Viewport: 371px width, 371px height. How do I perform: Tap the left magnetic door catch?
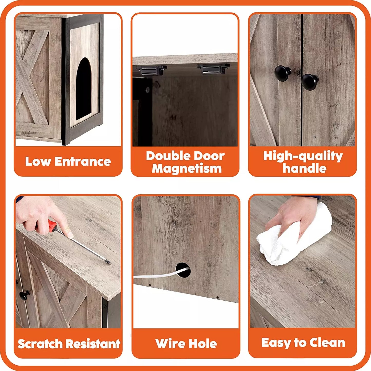click(x=151, y=70)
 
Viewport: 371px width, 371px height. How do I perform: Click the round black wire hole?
click(x=183, y=270)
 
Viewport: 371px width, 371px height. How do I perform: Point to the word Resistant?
click(x=93, y=344)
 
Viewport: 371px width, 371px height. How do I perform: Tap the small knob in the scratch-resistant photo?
click(x=25, y=295)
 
